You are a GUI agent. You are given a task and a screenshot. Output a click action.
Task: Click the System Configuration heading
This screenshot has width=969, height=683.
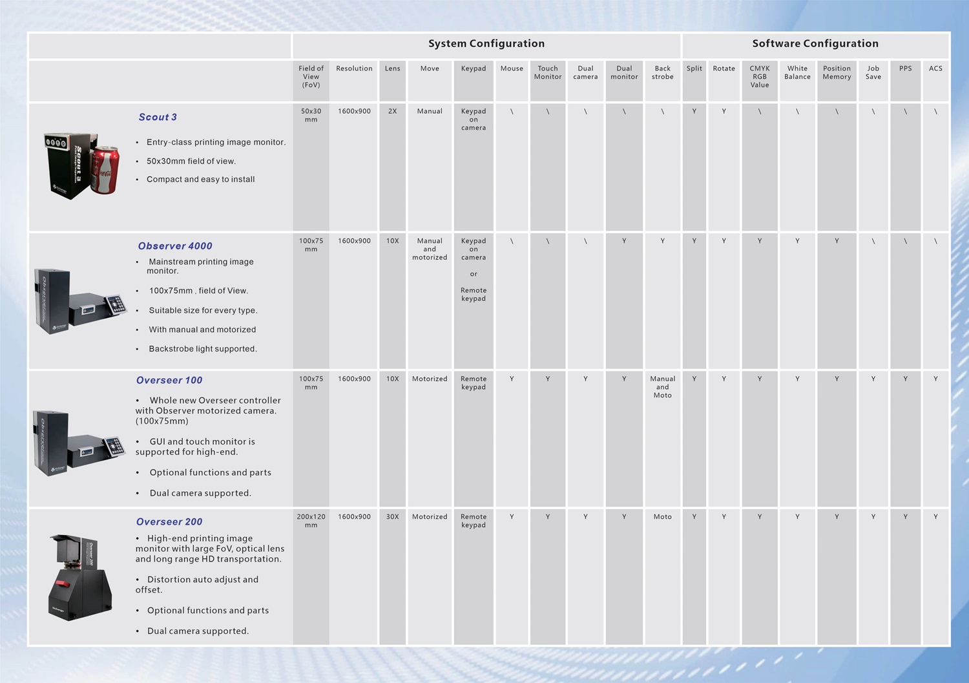coord(486,44)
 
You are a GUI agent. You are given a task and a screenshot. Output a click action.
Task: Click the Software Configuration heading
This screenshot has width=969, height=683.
coord(815,44)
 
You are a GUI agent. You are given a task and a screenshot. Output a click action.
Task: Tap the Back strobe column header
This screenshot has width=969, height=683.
coord(662,72)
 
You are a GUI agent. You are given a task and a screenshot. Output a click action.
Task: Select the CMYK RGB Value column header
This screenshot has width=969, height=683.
coord(759,76)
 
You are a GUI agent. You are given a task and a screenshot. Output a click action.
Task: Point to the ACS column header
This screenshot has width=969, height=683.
coord(935,68)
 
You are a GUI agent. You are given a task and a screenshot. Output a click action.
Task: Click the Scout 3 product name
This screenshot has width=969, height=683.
coord(158,117)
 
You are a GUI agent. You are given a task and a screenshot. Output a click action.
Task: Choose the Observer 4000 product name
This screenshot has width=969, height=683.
coord(175,246)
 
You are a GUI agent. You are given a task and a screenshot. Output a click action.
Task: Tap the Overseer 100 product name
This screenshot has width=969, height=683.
coord(169,381)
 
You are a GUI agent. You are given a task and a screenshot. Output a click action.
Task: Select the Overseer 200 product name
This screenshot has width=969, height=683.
coord(169,522)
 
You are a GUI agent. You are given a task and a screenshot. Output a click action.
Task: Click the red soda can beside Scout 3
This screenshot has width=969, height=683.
coord(105,169)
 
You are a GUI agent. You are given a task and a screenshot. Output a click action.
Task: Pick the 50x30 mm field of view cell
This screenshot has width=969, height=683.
coord(311,115)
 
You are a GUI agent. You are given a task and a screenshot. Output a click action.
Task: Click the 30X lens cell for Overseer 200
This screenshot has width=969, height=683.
coord(392,517)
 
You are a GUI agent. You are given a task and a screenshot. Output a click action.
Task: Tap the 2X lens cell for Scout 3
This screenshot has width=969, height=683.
coord(392,111)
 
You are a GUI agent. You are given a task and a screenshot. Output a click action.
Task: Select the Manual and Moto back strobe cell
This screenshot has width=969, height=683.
coord(662,387)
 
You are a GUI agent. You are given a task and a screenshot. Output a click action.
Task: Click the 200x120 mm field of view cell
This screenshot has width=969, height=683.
coord(311,521)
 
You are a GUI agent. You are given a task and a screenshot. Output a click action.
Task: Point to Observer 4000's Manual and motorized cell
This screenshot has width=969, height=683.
coord(430,249)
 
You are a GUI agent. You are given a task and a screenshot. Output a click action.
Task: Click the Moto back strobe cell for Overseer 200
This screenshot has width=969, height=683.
coord(662,517)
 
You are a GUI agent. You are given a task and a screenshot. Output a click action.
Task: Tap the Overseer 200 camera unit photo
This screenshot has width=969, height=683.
coord(80,577)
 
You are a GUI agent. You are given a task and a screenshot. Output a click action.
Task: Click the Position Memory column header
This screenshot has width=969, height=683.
coord(837,72)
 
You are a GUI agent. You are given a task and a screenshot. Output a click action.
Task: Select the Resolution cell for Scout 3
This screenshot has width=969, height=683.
coord(354,111)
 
